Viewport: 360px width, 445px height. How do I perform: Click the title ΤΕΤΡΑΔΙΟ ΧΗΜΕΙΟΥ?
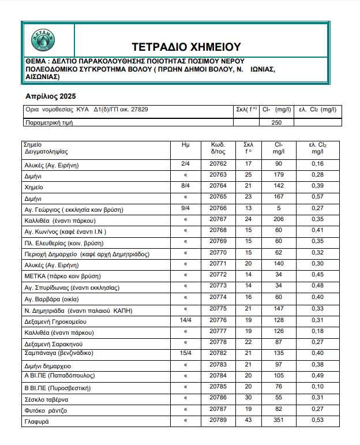tap(186, 47)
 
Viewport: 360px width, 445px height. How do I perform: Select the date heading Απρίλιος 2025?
tap(51, 96)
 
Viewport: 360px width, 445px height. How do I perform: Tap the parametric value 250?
tap(276, 122)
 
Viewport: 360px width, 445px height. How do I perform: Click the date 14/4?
tap(186, 320)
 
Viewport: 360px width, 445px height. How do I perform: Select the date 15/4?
tap(186, 353)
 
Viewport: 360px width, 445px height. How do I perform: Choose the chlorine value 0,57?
tap(317, 197)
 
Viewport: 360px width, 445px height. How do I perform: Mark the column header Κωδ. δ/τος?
tap(218, 148)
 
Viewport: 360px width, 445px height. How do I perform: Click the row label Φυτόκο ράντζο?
tap(46, 410)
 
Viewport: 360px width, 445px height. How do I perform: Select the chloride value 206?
tap(279, 219)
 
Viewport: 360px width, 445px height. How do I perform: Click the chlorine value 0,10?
tap(317, 386)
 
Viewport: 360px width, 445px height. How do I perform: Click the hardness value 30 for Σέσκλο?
tap(249, 398)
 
